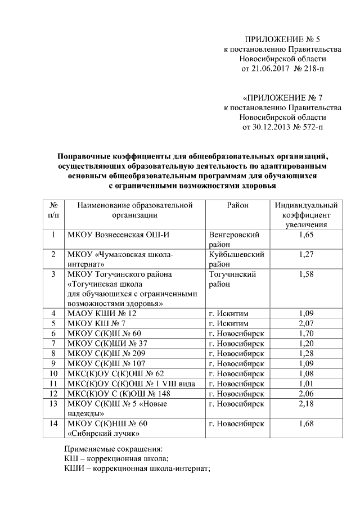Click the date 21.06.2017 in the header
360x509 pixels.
264,69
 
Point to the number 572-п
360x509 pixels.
311,127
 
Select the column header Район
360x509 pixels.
237,205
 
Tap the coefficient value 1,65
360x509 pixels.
306,235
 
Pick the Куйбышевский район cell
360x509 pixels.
236,259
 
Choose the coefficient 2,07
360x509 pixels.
306,324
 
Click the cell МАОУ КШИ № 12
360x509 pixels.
102,313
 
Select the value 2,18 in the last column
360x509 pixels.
306,403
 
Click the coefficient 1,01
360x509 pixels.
306,383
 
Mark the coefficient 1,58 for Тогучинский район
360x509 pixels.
306,274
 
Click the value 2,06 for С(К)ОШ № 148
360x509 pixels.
306,393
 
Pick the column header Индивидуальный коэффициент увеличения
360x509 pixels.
306,215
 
